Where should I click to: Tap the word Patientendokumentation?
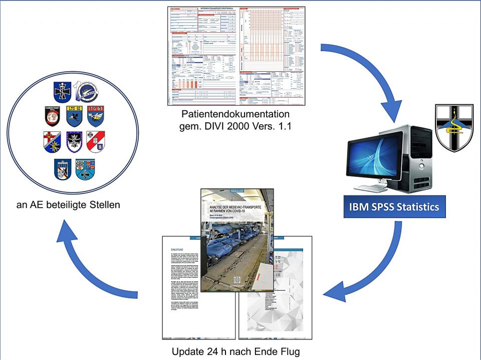tap(235, 115)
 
